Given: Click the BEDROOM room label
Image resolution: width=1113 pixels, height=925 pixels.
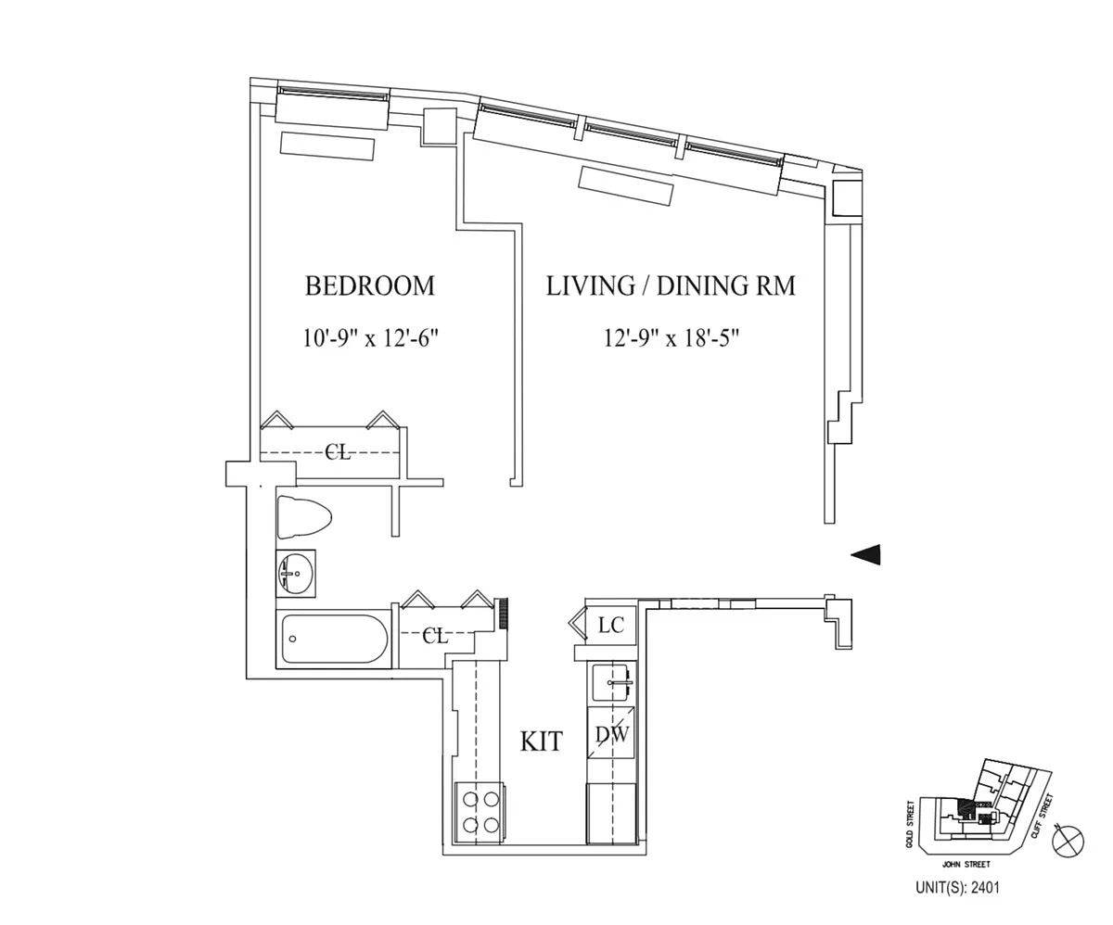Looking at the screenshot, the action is (x=369, y=285).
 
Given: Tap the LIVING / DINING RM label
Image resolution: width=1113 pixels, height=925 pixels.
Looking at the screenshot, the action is (x=670, y=285).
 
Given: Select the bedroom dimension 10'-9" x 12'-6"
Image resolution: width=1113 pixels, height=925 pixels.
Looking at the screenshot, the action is (x=369, y=337).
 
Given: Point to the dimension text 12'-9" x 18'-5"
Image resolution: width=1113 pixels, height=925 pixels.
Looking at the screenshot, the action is (x=671, y=337).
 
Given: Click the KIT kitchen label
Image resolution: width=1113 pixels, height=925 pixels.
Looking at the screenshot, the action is (x=541, y=741).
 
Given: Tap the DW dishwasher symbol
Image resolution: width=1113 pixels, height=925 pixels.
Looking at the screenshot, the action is (x=611, y=735).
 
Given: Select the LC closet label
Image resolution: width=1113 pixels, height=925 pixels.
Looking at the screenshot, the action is (x=610, y=626).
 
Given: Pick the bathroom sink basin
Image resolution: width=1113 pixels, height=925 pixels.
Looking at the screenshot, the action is (x=296, y=574).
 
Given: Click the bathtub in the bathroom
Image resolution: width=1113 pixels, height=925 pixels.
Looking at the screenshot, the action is (x=335, y=639).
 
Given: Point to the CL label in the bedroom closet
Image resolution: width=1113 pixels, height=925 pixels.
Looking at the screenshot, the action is (x=338, y=452).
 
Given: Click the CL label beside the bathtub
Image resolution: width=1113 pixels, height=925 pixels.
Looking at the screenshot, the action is (x=435, y=636).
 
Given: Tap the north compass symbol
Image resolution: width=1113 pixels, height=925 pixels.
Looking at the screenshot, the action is (x=1069, y=841).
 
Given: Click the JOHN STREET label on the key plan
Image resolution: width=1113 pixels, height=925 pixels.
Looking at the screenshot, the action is (x=966, y=864).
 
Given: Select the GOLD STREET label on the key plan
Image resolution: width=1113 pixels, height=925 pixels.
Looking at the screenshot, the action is (x=911, y=824).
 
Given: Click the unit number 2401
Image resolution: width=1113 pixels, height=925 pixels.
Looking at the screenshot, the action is (x=986, y=887).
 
